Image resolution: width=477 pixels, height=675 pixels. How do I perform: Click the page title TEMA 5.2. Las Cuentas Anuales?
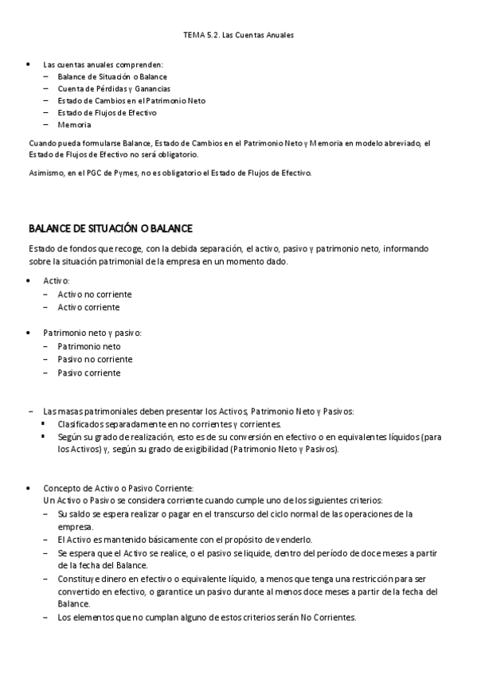(238, 35)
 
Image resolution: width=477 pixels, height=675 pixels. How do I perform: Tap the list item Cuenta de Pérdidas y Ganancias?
(114, 88)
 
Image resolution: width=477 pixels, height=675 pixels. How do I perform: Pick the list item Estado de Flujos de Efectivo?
(107, 113)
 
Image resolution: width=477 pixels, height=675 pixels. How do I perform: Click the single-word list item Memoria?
(74, 125)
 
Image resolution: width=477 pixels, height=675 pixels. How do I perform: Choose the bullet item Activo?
(56, 282)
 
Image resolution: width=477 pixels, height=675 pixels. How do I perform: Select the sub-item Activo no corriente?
(95, 295)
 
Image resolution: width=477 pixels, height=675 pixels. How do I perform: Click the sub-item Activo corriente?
(88, 307)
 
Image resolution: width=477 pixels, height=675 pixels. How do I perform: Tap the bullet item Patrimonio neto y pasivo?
(92, 333)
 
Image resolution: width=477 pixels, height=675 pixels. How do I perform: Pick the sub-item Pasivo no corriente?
(95, 359)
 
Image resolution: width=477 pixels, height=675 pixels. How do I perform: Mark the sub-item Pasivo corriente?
(89, 373)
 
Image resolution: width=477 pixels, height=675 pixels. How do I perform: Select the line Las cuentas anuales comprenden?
(104, 64)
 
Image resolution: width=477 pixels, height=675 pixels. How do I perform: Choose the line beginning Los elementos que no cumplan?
(206, 618)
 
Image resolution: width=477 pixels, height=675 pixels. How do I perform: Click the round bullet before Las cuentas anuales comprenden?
(29, 64)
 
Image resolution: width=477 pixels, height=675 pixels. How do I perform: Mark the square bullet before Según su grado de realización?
(44, 437)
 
